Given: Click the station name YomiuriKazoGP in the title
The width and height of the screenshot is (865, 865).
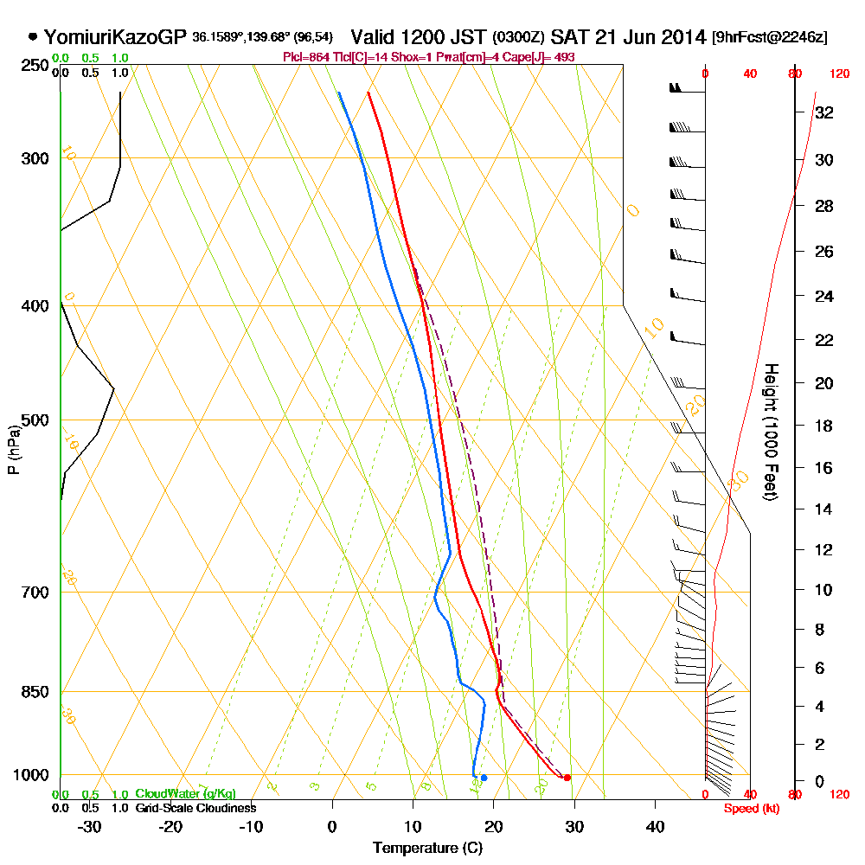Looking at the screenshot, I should tap(114, 37).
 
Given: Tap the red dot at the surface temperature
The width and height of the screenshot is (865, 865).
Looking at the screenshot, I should tap(567, 778).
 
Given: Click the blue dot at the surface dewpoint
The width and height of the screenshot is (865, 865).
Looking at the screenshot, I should tap(484, 778).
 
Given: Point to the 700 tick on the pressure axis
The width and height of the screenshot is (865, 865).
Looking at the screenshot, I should tap(34, 593).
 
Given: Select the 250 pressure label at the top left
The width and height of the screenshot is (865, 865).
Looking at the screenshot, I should tap(34, 65).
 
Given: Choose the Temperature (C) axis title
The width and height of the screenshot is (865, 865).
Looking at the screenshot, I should tap(427, 848).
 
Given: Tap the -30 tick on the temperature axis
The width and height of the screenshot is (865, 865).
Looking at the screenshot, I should tap(90, 826).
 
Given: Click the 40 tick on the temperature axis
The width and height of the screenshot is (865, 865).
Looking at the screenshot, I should tap(655, 826).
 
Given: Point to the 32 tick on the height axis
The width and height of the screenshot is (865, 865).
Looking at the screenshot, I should tap(824, 112).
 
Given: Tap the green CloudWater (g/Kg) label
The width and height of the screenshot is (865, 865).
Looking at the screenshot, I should tap(185, 793).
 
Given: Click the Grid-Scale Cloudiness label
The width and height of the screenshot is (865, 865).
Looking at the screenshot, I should tap(195, 807).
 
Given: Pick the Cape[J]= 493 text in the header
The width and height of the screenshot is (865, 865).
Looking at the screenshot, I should tap(545, 57).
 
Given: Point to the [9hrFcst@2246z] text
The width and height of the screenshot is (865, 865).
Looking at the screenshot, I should tap(769, 37).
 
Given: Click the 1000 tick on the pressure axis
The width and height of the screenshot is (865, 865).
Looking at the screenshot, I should tap(30, 775).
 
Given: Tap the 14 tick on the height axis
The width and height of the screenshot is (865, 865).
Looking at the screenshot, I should tap(824, 509).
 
